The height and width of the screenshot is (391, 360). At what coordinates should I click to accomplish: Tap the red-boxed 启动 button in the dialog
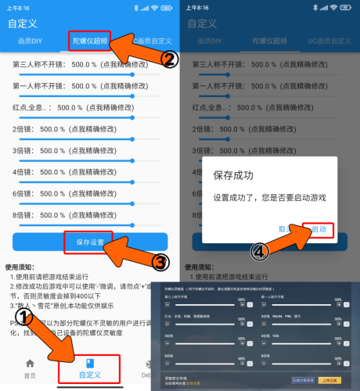click(319, 230)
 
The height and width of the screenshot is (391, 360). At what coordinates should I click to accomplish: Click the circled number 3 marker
click(160, 261)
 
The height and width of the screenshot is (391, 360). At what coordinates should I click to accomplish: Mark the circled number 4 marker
click(261, 252)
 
